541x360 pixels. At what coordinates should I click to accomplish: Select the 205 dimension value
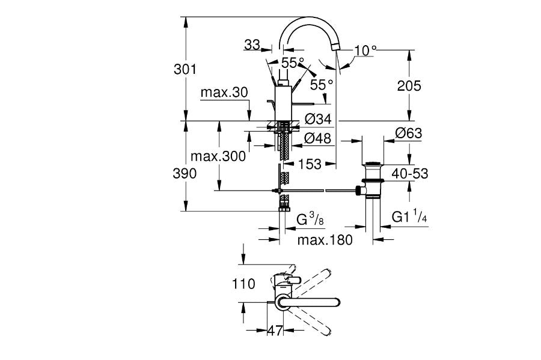409,85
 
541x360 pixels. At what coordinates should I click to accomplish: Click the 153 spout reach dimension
310,163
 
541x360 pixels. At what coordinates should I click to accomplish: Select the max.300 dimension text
218,156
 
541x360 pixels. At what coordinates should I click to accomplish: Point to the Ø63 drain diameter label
409,133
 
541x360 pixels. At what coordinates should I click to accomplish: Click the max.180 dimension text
325,240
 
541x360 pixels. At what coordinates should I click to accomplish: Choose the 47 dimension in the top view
276,330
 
